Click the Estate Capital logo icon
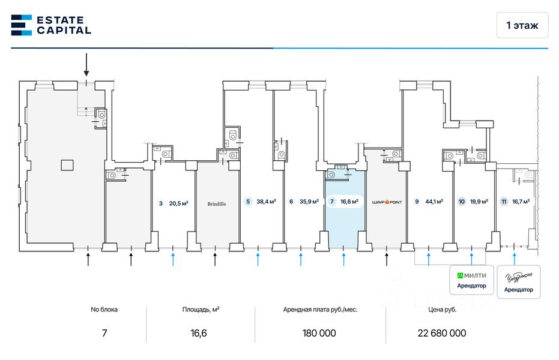click(22, 25)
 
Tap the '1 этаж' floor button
click(522, 25)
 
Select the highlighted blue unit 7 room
click(344, 222)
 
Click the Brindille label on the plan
click(217, 203)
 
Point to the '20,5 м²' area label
click(178, 203)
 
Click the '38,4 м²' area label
click(266, 202)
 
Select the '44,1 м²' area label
click(434, 202)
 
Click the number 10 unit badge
click(462, 202)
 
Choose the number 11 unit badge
click(504, 202)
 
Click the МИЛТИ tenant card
click(472, 280)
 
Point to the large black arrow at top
click(86, 63)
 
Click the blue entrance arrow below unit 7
click(344, 259)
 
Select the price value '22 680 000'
click(441, 333)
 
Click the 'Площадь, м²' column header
click(201, 310)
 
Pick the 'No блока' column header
click(104, 310)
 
